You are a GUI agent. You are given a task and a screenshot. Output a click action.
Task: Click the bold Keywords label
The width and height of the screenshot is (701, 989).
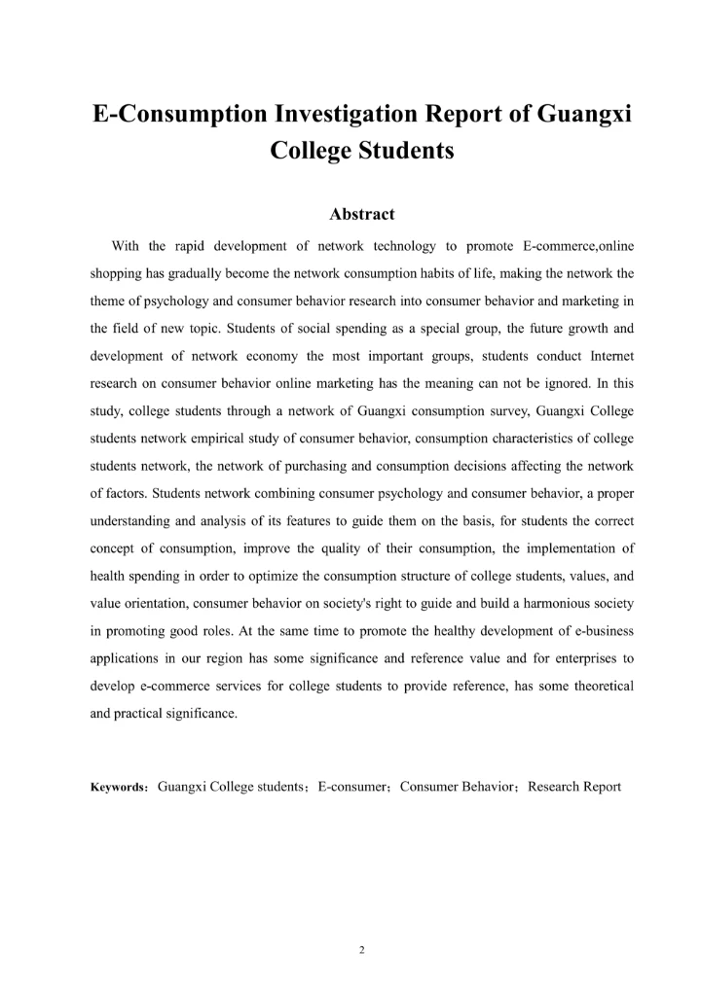click(x=118, y=788)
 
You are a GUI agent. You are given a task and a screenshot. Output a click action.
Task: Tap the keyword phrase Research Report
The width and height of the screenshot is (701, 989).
click(x=574, y=787)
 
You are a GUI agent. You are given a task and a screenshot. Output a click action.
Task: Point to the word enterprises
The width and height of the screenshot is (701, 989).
click(x=568, y=658)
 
